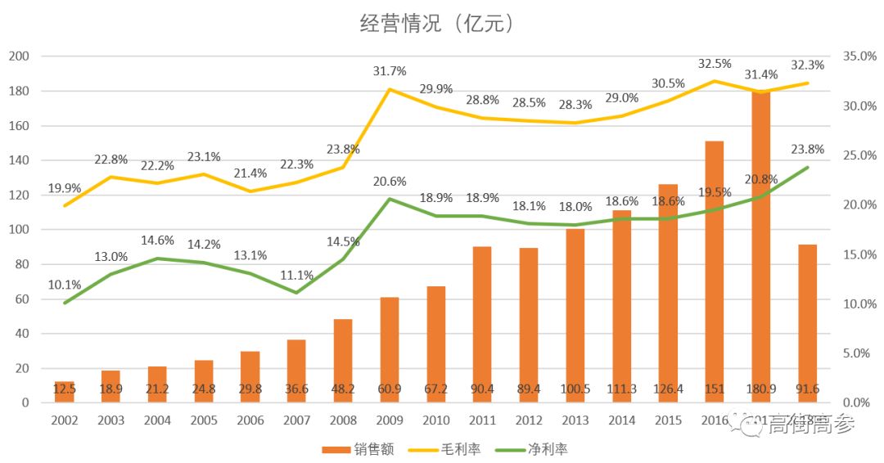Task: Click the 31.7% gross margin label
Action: tap(390, 72)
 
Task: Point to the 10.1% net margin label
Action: tap(65, 285)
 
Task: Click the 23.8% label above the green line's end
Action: tap(807, 150)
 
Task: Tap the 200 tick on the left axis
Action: tap(19, 56)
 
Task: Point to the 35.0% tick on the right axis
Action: tap(859, 56)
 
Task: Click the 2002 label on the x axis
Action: tap(65, 420)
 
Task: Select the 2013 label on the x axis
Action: tap(575, 420)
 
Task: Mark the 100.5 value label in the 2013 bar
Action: tap(575, 388)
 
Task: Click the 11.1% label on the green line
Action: tap(296, 276)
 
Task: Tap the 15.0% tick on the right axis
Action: tap(859, 254)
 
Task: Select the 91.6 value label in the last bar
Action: tap(807, 388)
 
